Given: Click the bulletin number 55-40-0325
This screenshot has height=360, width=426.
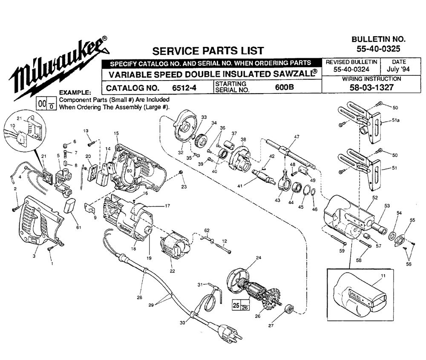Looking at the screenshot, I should point(376,49).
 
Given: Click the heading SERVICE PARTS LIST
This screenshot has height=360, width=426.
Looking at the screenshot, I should point(208,51).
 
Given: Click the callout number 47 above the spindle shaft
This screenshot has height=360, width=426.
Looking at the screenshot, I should point(296,136).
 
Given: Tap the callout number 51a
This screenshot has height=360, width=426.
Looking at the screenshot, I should point(396,121).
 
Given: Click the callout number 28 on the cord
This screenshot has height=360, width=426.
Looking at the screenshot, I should point(139,297).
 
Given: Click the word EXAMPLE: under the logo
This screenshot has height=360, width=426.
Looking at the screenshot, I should point(75,92).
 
